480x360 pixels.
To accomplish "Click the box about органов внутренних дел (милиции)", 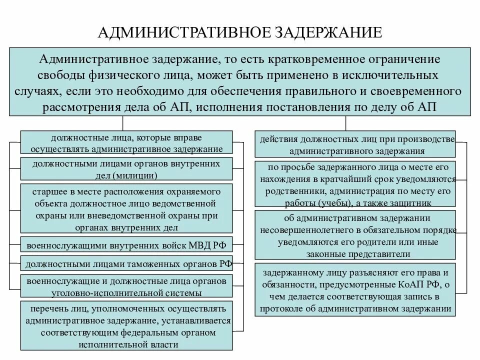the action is coord(126,168).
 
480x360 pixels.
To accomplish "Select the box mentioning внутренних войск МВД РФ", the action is coord(126,245).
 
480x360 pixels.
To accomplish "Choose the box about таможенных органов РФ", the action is coord(126,263).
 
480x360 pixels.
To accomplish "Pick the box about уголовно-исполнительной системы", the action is coord(126,286).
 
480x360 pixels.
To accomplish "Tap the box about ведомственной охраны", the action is coord(126,209).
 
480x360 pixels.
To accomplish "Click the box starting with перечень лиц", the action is coord(126,325).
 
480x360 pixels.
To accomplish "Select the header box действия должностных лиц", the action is coord(355,143).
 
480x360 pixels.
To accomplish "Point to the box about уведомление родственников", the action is coord(355,184).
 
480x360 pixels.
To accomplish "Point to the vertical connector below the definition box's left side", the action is coord(122,123).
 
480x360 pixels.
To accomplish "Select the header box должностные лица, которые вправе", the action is coord(126,142).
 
